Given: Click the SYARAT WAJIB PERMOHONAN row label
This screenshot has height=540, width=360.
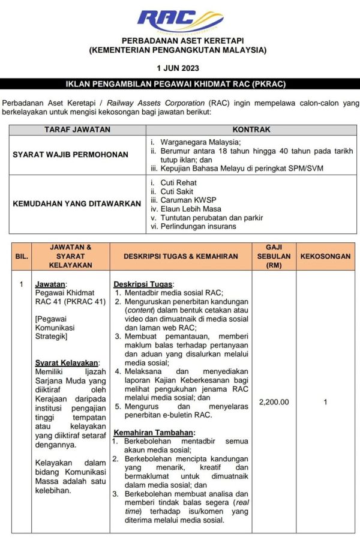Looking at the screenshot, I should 71,155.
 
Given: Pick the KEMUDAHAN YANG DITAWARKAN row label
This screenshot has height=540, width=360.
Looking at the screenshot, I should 77,204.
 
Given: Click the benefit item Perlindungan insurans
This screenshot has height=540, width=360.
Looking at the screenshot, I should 198,226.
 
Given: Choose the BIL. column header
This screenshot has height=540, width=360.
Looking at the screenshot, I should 22,256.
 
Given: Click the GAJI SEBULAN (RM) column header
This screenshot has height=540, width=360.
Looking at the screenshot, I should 274,256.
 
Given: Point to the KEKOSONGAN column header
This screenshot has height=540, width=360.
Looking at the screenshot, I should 325,256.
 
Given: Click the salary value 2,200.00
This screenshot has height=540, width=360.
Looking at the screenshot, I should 274,402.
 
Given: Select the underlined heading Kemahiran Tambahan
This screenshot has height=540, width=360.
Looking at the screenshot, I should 154,432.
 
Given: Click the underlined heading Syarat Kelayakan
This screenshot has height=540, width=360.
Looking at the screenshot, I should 67,362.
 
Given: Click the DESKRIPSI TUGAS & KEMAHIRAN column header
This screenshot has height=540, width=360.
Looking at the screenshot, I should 181,256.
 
